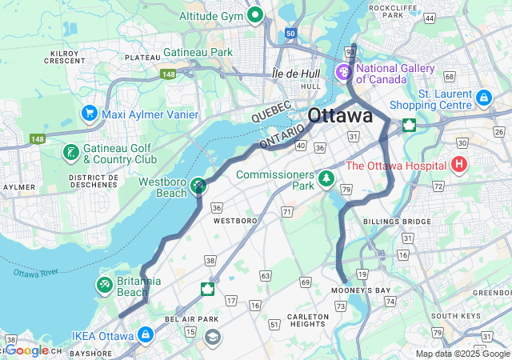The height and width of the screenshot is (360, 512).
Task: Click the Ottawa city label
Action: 340,114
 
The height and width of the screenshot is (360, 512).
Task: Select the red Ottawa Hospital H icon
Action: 459,166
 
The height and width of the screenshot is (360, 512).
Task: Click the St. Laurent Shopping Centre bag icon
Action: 483,98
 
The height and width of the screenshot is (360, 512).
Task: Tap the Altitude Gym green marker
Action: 256,14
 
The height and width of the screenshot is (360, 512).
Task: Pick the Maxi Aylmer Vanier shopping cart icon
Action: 89,114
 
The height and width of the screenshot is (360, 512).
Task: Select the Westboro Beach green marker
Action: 198,186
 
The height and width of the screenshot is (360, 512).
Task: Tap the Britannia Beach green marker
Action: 105,285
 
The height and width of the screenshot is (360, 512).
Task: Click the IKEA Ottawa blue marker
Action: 145,334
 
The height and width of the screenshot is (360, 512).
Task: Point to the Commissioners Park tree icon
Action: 326,178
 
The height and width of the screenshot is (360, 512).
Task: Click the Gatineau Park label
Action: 198,52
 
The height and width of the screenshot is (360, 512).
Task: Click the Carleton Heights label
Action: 307,320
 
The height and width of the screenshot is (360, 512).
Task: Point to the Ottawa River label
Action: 36,273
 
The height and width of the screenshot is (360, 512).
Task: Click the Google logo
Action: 27,350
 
